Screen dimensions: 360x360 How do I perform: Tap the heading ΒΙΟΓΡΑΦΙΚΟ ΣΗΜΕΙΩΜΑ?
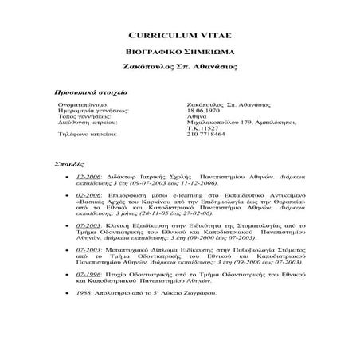pyautogui.click(x=179, y=53)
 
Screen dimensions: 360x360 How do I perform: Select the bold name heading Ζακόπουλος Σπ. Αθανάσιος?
pyautogui.click(x=179, y=68)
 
